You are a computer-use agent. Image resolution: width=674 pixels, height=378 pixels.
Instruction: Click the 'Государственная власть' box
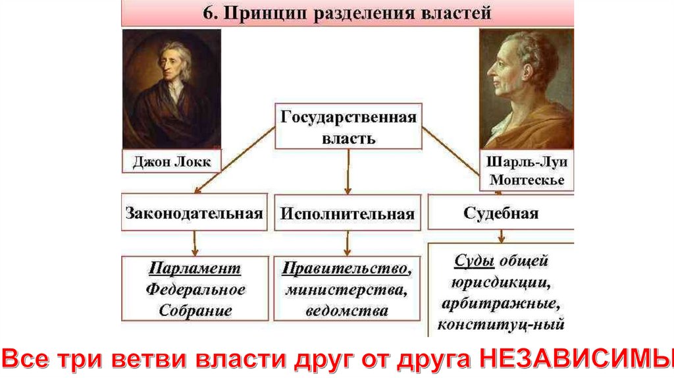click(x=348, y=127)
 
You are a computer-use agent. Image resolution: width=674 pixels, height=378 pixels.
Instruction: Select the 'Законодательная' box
click(x=194, y=212)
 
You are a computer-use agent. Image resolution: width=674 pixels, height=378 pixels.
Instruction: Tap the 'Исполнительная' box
click(x=348, y=212)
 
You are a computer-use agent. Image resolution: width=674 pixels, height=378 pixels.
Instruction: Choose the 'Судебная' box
click(x=501, y=212)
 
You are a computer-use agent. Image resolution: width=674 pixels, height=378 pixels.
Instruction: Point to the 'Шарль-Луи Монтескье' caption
click(x=526, y=171)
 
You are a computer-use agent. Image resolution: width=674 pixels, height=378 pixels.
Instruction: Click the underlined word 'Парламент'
click(x=194, y=269)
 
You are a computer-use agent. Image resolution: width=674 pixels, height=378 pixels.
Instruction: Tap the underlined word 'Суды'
click(x=474, y=260)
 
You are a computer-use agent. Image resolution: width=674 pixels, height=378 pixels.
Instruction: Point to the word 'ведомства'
click(x=348, y=311)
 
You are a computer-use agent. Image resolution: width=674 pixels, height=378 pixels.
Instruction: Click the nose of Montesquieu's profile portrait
click(x=491, y=70)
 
